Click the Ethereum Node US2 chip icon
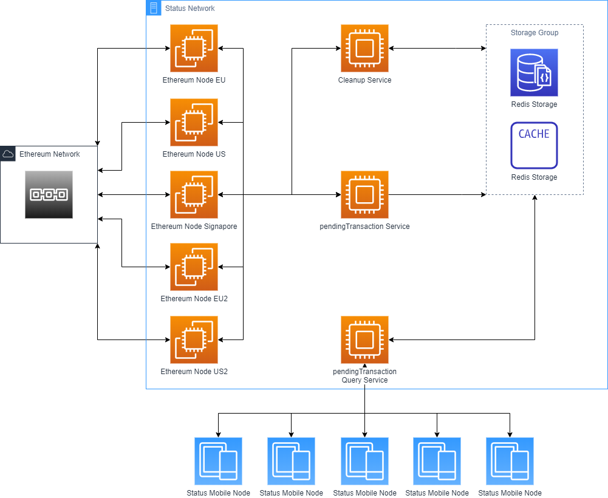tap(194, 339)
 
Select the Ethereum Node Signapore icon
tap(194, 194)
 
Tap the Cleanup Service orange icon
tap(364, 49)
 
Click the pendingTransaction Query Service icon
tap(364, 339)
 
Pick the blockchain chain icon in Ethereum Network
tap(49, 194)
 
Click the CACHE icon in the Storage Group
tap(534, 145)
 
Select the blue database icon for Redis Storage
tap(534, 73)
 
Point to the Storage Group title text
tap(534, 33)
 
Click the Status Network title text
tap(190, 9)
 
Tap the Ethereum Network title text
tap(49, 154)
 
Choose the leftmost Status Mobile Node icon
tap(218, 461)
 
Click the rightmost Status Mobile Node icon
tap(510, 461)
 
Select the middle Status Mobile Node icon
tap(364, 461)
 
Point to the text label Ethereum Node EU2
tap(194, 299)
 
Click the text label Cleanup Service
tap(364, 80)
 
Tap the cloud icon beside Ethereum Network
tap(9, 154)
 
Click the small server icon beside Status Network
tap(154, 9)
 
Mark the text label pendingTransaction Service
tap(364, 227)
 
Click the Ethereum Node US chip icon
tap(194, 122)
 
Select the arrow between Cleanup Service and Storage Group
tap(437, 49)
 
